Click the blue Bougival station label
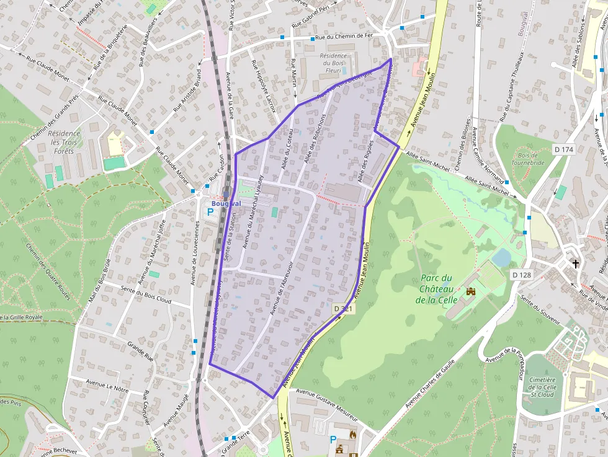tap(226, 203)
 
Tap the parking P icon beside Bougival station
tap(210, 211)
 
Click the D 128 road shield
tap(522, 274)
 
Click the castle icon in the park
tap(470, 290)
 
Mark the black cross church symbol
tap(576, 264)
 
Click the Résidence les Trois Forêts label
tap(64, 142)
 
